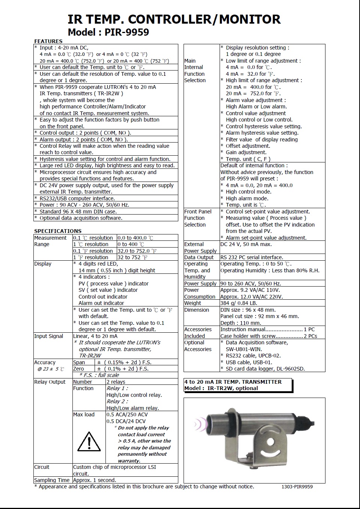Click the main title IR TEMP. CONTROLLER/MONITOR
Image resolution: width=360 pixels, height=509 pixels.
coord(174,19)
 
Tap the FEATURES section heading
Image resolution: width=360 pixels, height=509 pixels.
coord(48,41)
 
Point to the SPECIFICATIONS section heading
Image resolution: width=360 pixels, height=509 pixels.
coord(58,231)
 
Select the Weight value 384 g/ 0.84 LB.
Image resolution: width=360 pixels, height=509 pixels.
coord(239,303)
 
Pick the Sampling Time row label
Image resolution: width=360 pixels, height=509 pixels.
coord(52,480)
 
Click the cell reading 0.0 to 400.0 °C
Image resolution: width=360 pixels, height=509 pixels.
coord(136,238)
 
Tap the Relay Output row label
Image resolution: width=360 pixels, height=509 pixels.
coord(50,382)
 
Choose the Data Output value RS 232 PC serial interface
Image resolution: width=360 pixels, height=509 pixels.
coord(252,257)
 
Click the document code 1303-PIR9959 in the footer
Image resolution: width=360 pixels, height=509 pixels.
coord(297,487)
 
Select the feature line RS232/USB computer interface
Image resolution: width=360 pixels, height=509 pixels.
coord(77,198)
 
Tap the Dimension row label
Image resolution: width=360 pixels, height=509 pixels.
coord(197,310)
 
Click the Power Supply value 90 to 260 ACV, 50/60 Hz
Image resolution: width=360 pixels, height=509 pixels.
coord(251,284)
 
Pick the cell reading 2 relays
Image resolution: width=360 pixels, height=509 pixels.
coord(116,382)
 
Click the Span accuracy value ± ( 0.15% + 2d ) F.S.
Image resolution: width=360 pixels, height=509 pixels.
coord(123,362)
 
